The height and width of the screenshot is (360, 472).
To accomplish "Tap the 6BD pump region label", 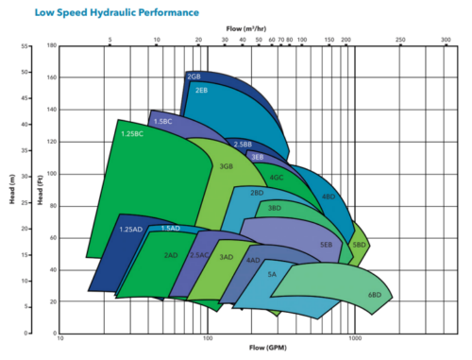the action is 375,296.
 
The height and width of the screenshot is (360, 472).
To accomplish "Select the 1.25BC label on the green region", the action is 132,134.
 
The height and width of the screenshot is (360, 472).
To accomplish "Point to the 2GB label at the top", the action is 194,76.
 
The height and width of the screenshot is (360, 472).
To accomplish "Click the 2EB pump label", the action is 201,90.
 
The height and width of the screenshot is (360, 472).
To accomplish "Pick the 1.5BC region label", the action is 162,122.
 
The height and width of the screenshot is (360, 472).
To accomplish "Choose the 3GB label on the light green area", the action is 226,165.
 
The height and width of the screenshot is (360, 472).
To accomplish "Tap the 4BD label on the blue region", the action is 328,197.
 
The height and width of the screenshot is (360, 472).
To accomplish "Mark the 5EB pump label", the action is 326,245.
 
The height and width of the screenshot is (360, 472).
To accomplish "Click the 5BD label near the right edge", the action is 359,245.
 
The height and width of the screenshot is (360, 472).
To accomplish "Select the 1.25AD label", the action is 130,230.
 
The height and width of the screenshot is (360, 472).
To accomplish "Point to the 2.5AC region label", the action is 199,255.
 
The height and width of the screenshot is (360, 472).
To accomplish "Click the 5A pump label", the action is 272,274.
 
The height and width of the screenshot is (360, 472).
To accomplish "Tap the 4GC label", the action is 277,177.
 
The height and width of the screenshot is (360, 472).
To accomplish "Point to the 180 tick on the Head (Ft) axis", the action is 52,44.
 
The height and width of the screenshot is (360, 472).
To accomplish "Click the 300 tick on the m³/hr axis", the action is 447,40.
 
